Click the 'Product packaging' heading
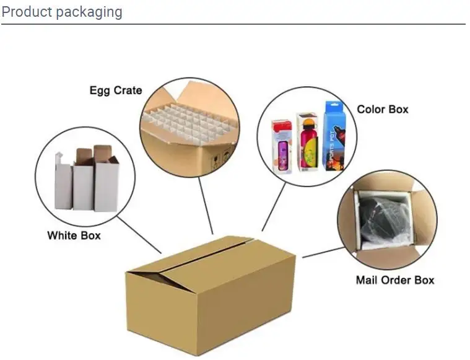62,12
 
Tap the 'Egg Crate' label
115,90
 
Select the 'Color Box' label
383,110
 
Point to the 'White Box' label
74,235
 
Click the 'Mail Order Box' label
395,280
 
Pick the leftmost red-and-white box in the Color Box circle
282,146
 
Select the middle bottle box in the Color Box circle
307,141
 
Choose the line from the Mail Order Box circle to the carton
323,252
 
